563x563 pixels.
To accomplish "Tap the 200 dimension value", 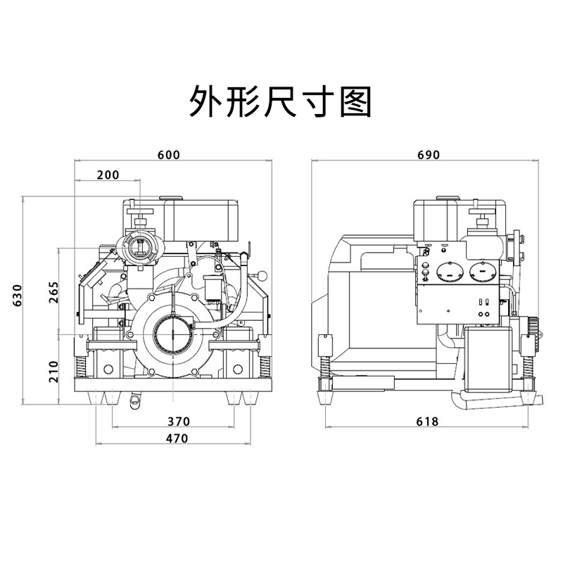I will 108,175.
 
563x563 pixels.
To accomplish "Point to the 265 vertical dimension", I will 54,291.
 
